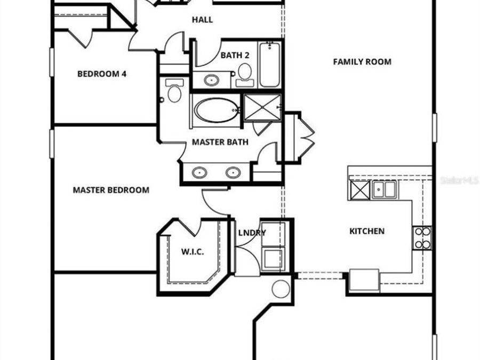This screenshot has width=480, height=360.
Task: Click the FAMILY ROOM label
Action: point(362,62)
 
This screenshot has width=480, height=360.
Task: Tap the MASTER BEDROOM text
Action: point(111,190)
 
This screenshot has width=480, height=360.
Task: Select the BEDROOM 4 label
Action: point(102,74)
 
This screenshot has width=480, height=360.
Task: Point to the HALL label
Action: point(203,20)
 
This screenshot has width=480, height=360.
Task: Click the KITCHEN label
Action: point(367,231)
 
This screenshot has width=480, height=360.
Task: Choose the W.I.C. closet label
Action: point(193,252)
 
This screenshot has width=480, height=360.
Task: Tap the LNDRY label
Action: point(252,233)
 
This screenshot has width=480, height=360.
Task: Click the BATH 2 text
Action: point(235,54)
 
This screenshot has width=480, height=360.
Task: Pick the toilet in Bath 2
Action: point(245,74)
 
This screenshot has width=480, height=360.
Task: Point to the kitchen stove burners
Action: point(422,238)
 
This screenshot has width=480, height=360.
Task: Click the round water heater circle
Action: point(281,289)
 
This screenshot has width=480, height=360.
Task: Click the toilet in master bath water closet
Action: point(174,92)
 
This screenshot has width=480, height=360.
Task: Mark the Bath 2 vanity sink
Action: point(212,81)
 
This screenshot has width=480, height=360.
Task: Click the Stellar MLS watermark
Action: point(459,181)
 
